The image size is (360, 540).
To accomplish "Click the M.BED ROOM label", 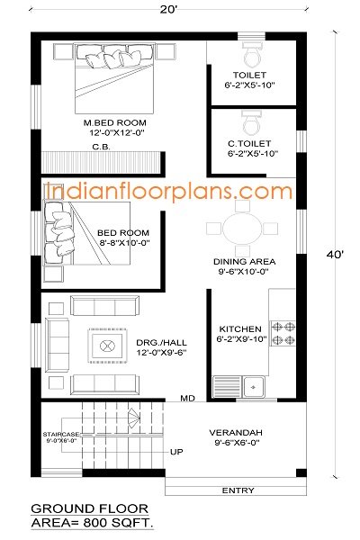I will pyautogui.click(x=114, y=122).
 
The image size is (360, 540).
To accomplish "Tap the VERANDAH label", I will pyautogui.click(x=237, y=430).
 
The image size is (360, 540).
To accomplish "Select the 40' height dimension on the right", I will pyautogui.click(x=335, y=255).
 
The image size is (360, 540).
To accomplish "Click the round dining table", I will pyautogui.click(x=240, y=226).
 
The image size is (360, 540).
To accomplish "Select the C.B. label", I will pyautogui.click(x=101, y=148).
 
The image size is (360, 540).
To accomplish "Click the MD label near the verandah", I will pyautogui.click(x=187, y=397).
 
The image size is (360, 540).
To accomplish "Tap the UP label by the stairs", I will pyautogui.click(x=176, y=452).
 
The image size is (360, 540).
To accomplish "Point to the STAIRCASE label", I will pyautogui.click(x=60, y=435).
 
